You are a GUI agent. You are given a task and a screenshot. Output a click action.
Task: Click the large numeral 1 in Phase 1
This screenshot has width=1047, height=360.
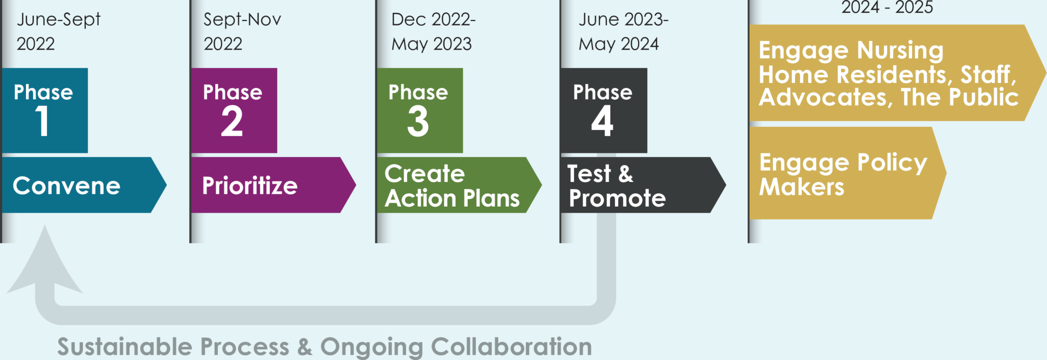(42, 121)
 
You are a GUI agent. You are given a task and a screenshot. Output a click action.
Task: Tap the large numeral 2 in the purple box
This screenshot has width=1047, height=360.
(232, 121)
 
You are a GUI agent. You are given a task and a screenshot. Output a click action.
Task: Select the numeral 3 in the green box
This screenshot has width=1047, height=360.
(418, 121)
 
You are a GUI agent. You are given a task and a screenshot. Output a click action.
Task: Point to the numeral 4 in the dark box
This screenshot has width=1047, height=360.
(602, 121)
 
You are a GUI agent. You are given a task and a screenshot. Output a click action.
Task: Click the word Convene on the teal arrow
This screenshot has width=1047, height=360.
(66, 186)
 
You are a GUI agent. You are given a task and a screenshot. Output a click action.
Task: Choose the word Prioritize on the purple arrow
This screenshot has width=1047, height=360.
(249, 186)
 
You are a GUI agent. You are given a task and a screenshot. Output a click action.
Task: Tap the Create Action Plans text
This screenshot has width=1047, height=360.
(452, 186)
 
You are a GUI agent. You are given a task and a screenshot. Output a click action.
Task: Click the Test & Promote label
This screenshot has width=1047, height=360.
(617, 186)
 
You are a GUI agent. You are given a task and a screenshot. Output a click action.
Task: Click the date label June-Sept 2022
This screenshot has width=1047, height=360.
(58, 32)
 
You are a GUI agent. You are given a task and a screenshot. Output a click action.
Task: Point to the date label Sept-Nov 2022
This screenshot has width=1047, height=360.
(242, 32)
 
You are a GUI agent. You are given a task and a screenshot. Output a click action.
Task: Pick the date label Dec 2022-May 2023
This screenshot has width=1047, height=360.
(433, 32)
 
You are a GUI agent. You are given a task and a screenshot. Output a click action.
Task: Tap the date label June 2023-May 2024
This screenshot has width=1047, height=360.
(623, 32)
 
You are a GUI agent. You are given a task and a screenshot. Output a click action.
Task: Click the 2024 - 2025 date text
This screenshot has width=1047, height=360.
(887, 8)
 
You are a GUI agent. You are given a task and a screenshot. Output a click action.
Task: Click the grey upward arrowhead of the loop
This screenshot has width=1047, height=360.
(45, 261)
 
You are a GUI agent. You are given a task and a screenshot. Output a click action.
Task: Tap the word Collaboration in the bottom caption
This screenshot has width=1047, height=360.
(511, 347)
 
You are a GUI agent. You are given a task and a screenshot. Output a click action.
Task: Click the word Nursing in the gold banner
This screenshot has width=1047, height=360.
(900, 50)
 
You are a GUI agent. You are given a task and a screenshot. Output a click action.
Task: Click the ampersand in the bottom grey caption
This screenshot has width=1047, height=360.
(305, 347)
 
